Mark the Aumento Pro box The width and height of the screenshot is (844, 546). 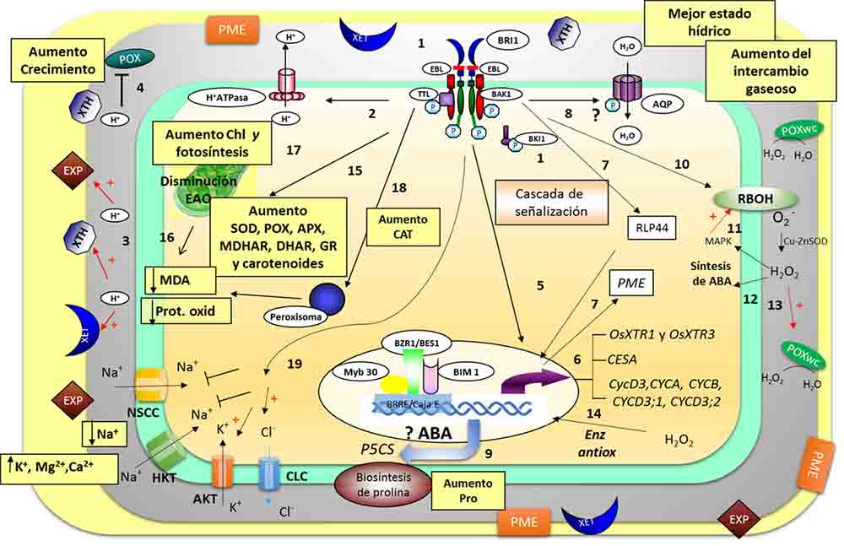click(x=468, y=489)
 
